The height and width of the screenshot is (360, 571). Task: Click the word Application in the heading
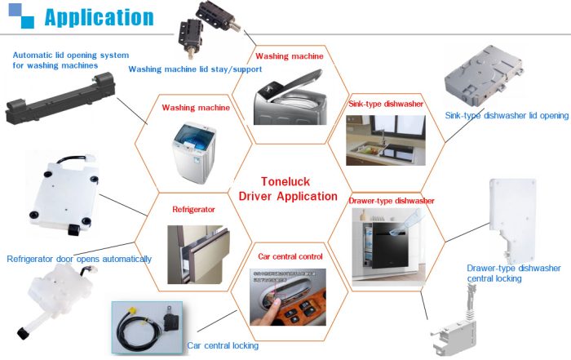click(98, 16)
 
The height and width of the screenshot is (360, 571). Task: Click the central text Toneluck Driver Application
click(287, 189)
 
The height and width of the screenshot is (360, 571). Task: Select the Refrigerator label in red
click(193, 209)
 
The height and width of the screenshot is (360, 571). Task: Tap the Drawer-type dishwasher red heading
click(391, 200)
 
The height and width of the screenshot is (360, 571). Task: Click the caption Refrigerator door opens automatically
click(79, 259)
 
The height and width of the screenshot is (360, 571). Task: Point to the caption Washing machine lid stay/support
click(195, 69)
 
